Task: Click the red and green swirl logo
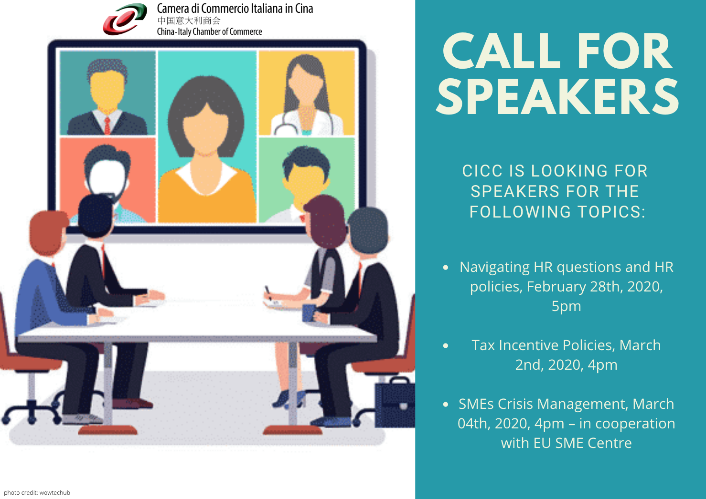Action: pyautogui.click(x=125, y=19)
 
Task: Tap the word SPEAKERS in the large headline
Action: pyautogui.click(x=557, y=97)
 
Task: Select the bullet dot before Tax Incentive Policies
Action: pyautogui.click(x=445, y=346)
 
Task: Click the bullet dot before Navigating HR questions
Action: pyautogui.click(x=445, y=268)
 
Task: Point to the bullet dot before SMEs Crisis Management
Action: pyautogui.click(x=445, y=405)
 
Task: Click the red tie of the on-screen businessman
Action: pyautogui.click(x=107, y=125)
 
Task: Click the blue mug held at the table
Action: pyautogui.click(x=310, y=313)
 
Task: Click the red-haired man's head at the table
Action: pyautogui.click(x=48, y=233)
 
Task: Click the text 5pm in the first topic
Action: pyautogui.click(x=567, y=306)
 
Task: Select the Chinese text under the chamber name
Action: pyautogui.click(x=189, y=21)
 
